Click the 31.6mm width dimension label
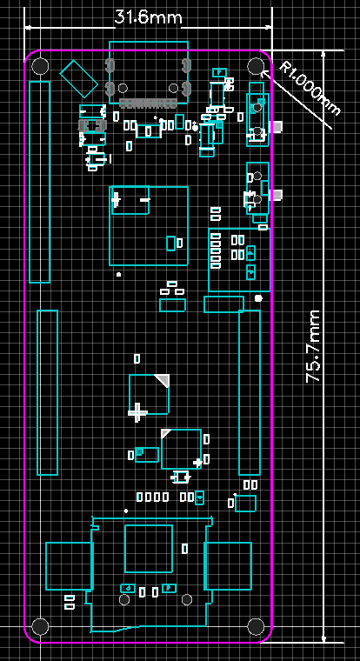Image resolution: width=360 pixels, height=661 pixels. point(148,17)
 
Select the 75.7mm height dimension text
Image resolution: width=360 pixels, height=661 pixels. point(314,346)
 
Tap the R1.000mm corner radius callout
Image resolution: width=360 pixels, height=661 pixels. point(310,89)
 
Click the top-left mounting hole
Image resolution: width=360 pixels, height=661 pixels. point(41,66)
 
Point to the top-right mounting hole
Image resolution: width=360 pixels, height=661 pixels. point(256,66)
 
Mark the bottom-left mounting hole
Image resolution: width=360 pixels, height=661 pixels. point(41,626)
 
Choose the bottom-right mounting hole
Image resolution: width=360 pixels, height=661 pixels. point(256,626)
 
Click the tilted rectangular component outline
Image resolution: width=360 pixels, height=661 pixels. point(79,79)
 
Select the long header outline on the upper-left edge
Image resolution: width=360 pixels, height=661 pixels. point(40,182)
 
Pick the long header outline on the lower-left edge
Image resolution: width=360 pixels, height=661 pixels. point(47,392)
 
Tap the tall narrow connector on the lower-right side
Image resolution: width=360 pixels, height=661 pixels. point(250,392)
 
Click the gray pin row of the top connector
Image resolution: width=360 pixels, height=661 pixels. point(147,103)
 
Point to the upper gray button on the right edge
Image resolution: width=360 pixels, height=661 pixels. point(277,127)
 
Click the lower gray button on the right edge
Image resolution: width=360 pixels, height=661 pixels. point(277,195)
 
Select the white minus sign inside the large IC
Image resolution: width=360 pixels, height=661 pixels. point(144,199)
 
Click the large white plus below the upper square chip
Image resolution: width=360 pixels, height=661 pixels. point(137,412)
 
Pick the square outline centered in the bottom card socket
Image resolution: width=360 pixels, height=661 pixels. point(149,549)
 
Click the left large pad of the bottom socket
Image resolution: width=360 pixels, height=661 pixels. point(69,565)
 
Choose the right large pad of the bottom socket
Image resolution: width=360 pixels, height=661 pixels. point(228,565)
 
